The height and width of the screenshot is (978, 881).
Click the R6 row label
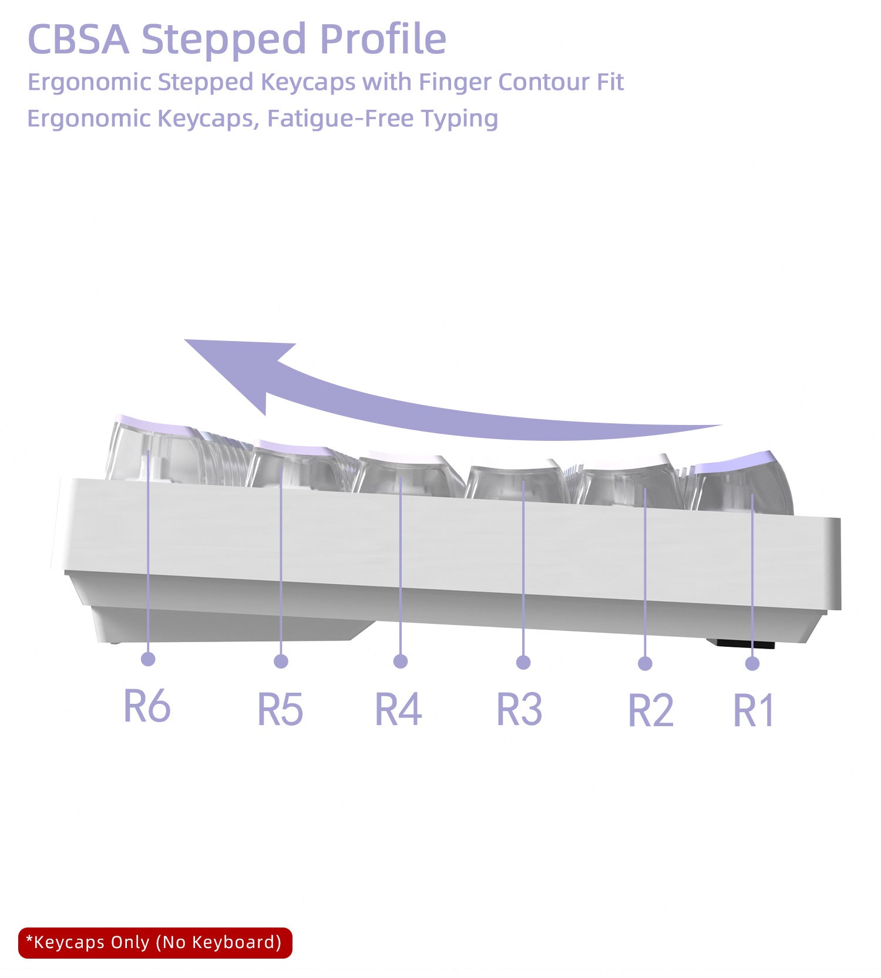[147, 706]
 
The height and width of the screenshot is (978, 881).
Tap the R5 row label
[280, 709]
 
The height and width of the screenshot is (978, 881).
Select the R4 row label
[398, 709]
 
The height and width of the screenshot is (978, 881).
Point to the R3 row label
[519, 709]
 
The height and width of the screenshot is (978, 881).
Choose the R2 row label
[650, 710]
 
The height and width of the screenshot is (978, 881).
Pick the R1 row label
[754, 710]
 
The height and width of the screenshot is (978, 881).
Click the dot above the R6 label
[148, 659]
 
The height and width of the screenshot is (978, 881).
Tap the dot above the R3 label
[523, 662]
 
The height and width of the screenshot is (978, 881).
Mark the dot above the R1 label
[752, 663]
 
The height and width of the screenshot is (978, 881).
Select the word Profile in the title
[383, 39]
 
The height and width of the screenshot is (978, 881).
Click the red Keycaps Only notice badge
[155, 943]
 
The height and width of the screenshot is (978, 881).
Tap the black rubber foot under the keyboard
[741, 644]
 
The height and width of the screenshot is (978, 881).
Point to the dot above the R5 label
[281, 661]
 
